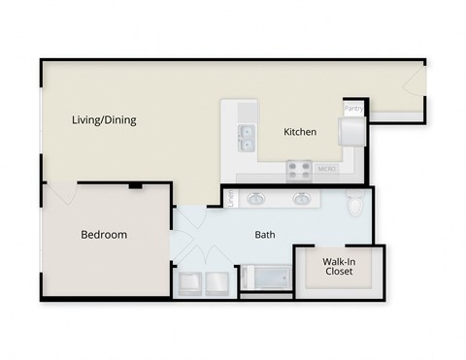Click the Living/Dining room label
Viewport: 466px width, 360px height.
pyautogui.click(x=104, y=121)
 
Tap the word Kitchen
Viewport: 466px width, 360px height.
pyautogui.click(x=299, y=132)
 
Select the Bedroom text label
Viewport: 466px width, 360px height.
pyautogui.click(x=104, y=235)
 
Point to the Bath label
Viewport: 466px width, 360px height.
pyautogui.click(x=265, y=235)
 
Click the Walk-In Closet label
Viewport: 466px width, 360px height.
pyautogui.click(x=339, y=266)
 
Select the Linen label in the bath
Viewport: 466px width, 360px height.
pyautogui.click(x=231, y=198)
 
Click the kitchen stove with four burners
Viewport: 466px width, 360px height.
pyautogui.click(x=298, y=172)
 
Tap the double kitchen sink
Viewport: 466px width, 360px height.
pyautogui.click(x=245, y=134)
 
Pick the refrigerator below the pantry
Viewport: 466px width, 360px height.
pyautogui.click(x=350, y=130)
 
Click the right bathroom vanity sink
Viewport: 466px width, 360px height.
pyautogui.click(x=303, y=200)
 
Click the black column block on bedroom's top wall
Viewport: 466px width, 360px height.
pyautogui.click(x=135, y=184)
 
